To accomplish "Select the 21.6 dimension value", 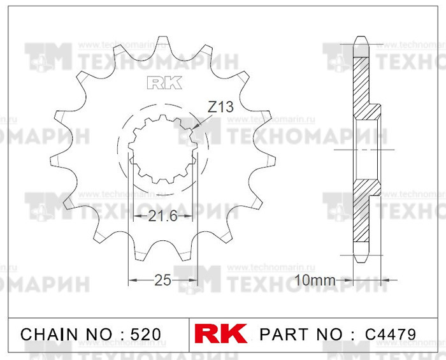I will (162, 216).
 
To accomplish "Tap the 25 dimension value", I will (162, 279).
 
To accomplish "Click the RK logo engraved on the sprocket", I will (164, 83).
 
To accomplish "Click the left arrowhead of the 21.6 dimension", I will (134, 216).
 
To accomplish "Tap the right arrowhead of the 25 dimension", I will (195, 279).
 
